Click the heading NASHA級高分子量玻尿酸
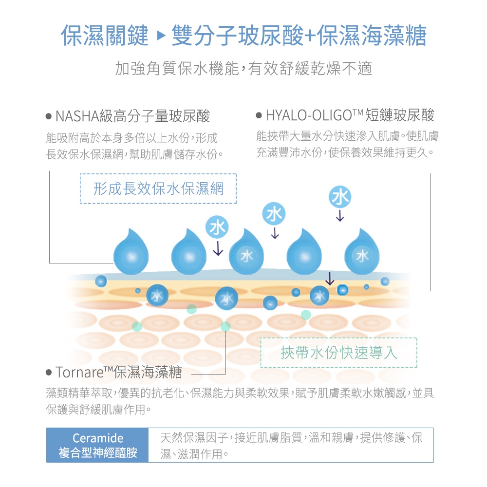click(132, 116)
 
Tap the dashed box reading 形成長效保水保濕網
click(158, 188)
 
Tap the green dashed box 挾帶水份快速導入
click(339, 353)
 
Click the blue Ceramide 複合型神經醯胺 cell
click(98, 445)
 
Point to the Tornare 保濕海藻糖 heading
click(119, 374)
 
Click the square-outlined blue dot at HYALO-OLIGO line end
click(342, 289)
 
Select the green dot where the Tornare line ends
click(225, 327)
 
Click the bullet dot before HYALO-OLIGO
click(259, 116)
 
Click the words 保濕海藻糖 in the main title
click(372, 36)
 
